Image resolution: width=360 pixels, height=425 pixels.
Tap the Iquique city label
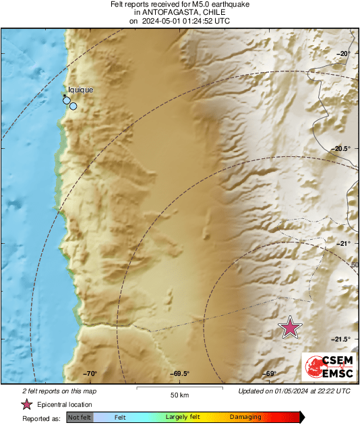tap(80, 90)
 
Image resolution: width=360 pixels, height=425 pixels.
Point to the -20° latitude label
tap(343, 54)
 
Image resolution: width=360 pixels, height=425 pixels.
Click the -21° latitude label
tap(343, 244)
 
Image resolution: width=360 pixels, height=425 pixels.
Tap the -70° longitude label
tap(90, 374)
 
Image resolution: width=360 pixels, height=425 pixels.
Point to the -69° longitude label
tap(270, 374)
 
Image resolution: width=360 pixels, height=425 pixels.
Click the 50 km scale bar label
tap(179, 394)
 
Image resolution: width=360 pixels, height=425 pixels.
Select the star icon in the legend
tap(26, 404)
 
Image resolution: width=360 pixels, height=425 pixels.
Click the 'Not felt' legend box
tap(79, 418)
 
